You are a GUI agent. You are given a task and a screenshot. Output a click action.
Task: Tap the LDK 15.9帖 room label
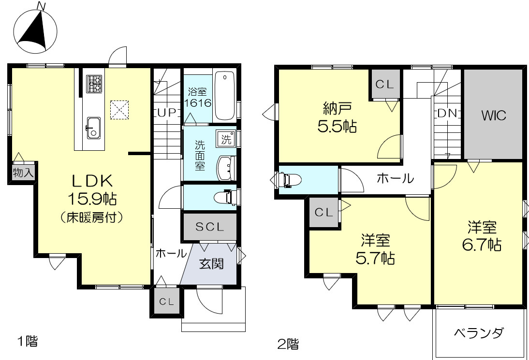click(92, 198)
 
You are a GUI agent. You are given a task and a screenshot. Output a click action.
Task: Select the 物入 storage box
click(23, 173)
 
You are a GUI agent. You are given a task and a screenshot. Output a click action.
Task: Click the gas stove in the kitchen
click(94, 84)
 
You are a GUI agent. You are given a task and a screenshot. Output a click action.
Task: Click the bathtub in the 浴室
click(224, 96)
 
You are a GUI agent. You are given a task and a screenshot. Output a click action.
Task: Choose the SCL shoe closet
click(209, 227)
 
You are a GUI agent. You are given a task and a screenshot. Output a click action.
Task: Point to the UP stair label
click(167, 113)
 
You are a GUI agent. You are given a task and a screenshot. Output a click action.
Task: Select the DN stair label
click(447, 113)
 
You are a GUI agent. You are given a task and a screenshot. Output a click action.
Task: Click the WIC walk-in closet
click(493, 115)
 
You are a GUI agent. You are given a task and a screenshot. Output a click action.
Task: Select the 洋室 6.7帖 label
click(481, 235)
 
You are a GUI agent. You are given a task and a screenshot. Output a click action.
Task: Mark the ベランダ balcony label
click(479, 333)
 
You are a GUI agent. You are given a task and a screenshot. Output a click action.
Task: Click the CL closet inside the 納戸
click(385, 84)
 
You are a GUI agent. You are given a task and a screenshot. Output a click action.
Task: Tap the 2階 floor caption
click(287, 344)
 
